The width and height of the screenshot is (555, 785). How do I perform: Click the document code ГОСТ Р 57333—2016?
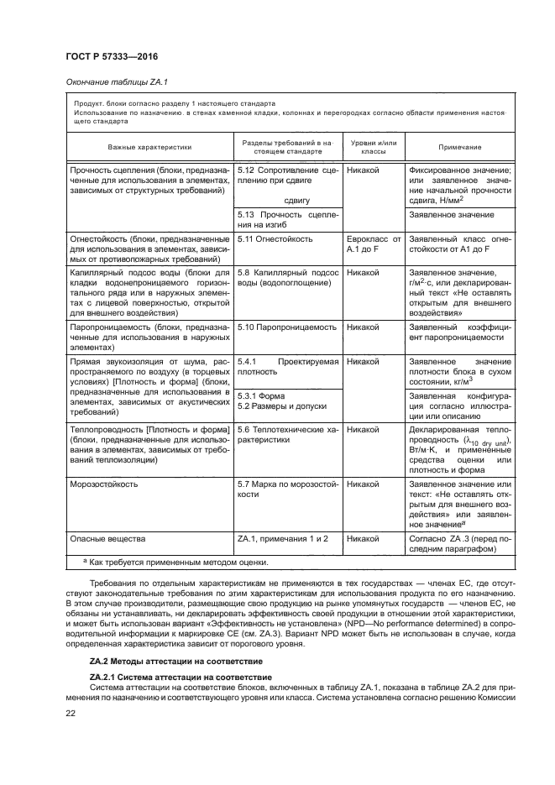point(111,56)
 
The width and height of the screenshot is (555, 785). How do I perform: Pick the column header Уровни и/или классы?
point(372,146)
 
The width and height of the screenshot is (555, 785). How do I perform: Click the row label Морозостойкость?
point(105,484)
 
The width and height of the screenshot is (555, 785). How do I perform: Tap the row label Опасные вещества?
point(108,538)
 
